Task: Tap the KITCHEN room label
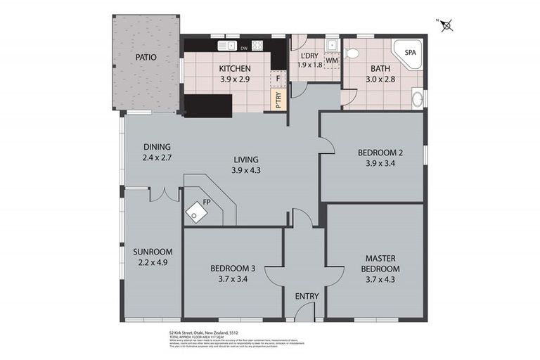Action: (x=234, y=69)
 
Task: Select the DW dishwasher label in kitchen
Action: (x=244, y=48)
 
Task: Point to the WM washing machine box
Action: (x=332, y=60)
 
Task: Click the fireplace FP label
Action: (x=207, y=202)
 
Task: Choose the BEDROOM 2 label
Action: (x=380, y=152)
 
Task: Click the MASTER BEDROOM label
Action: (x=381, y=264)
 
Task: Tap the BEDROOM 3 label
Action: (x=233, y=269)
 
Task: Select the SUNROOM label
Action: (x=153, y=252)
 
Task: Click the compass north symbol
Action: (x=448, y=27)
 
